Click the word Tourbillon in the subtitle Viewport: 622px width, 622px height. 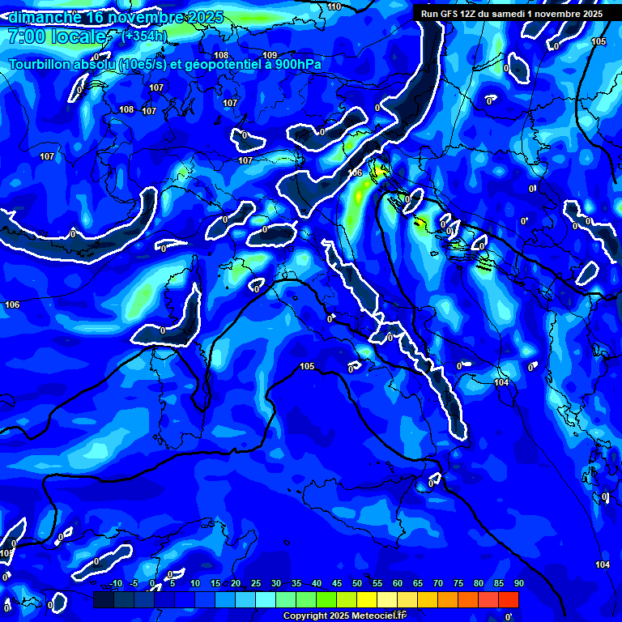point(40,64)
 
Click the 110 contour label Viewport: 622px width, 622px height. point(334,6)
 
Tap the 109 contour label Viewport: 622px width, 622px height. point(270,55)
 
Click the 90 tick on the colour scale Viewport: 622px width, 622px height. point(518,584)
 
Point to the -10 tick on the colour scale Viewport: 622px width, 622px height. point(116,584)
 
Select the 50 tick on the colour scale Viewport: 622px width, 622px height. point(357,584)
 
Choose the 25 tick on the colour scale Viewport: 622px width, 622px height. point(256,584)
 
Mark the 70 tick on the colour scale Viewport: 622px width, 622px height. point(438,584)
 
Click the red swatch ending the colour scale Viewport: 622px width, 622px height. point(509,599)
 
